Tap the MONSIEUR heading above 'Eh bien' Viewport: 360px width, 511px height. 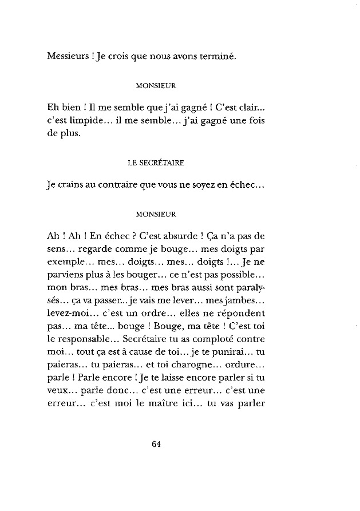(x=156, y=86)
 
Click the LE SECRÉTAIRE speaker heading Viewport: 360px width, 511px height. (x=156, y=162)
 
